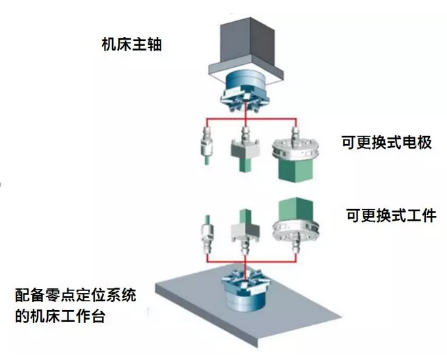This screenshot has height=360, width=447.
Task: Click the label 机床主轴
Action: (x=132, y=44)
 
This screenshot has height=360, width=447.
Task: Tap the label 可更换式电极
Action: (x=387, y=142)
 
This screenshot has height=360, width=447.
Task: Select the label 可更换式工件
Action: (x=391, y=215)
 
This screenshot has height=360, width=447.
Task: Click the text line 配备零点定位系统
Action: (x=76, y=295)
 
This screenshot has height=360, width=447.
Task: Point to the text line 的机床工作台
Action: (x=60, y=316)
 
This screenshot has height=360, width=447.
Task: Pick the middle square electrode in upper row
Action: (x=245, y=150)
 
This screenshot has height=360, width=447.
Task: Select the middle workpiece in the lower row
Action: (x=245, y=231)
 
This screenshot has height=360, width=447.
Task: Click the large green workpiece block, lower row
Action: (x=296, y=209)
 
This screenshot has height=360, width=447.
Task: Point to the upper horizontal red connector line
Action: (x=252, y=118)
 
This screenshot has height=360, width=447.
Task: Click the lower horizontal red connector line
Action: (x=252, y=262)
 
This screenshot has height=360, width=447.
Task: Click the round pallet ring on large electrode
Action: (x=295, y=150)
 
